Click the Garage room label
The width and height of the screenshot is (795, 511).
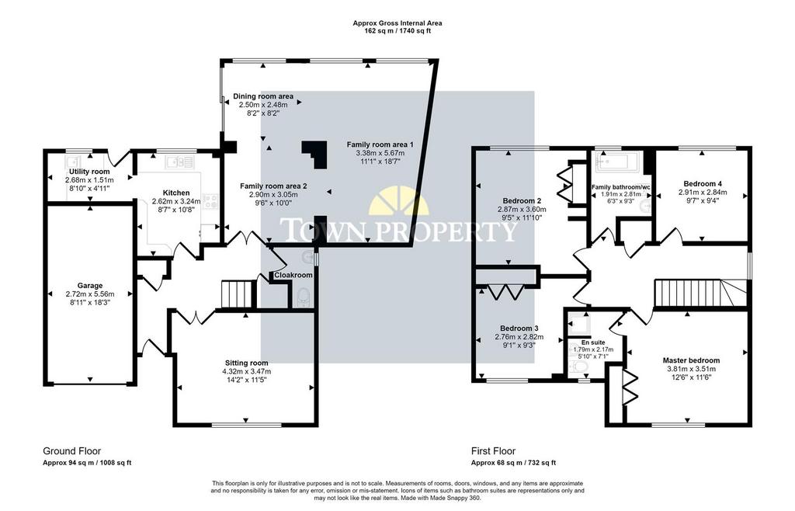coord(90,286)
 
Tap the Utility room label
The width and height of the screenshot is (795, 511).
coord(89,172)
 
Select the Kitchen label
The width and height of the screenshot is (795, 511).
coord(176,193)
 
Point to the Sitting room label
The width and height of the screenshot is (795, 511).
coord(246,363)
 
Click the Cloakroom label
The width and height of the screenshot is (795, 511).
coord(293,275)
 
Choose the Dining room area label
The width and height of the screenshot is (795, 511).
coord(263,96)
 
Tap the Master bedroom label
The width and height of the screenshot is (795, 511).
coord(691,360)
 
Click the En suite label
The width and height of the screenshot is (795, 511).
coord(592,342)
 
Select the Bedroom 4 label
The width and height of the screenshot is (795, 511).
coord(703,184)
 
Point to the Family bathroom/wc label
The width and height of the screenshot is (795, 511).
coord(620,187)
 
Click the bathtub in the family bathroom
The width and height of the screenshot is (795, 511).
coord(613,162)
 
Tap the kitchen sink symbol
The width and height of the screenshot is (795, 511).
coord(179,162)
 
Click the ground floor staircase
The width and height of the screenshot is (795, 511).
coord(238,294)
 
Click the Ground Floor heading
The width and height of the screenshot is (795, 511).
coord(72,451)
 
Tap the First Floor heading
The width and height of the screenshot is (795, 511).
coord(493,451)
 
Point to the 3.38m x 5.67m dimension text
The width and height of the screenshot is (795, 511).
coord(380,153)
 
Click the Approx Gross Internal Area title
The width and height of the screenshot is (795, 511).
coord(397,23)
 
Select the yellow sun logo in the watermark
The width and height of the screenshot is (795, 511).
coord(398,201)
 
